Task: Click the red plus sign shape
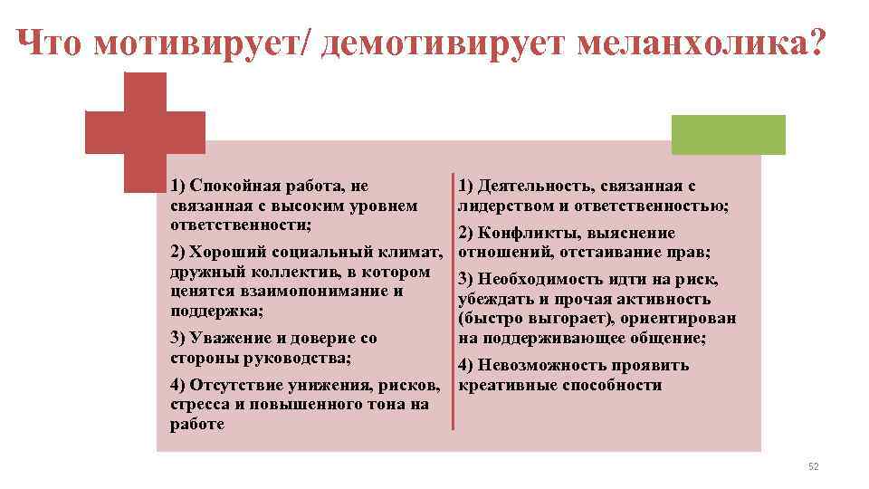click(x=145, y=133)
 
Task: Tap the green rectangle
click(x=728, y=134)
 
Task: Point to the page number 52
click(x=812, y=466)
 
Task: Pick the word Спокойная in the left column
click(x=229, y=187)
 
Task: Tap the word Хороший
click(x=230, y=250)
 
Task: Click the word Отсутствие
click(x=233, y=386)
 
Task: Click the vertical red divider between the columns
click(x=453, y=300)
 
